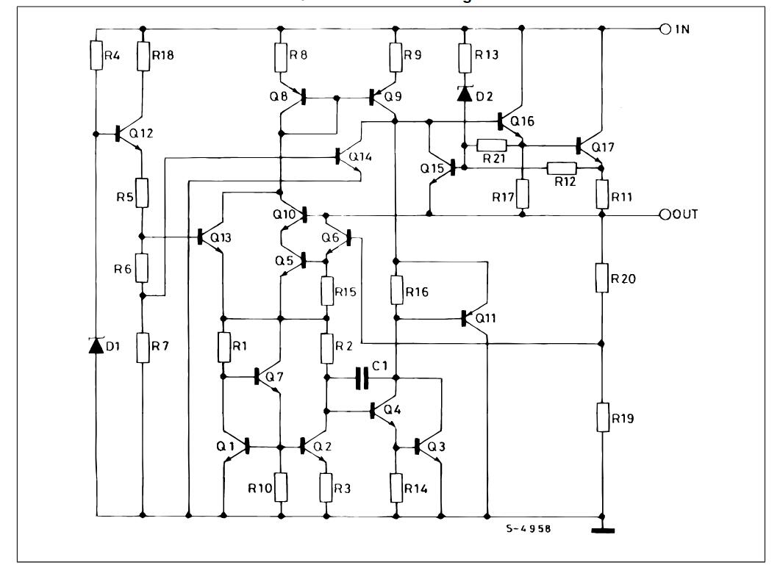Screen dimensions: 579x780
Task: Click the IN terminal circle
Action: [665, 29]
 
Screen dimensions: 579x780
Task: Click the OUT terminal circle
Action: [665, 215]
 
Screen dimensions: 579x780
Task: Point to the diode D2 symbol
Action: [465, 94]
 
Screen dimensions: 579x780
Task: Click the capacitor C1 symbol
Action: [361, 378]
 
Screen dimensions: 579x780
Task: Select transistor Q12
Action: [129, 134]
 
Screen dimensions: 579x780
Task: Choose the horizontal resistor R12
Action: [562, 168]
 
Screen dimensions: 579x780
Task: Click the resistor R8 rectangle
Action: [280, 57]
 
